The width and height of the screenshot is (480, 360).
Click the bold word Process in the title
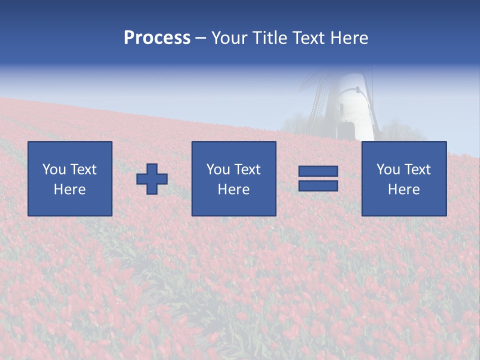[x=157, y=38]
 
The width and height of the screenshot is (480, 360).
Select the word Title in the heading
[x=268, y=38]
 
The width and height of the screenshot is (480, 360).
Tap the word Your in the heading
[x=229, y=38]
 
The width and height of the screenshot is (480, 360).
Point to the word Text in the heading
[x=307, y=38]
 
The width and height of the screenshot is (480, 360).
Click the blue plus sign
[x=152, y=179]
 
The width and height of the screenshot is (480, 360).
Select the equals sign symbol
[x=318, y=179]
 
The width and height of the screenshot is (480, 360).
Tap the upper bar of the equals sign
[x=318, y=171]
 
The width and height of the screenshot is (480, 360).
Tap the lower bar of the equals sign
[x=318, y=186]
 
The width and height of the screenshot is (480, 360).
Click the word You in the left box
[x=54, y=169]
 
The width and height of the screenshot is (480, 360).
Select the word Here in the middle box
[x=233, y=189]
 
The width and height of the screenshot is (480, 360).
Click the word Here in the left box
[x=69, y=189]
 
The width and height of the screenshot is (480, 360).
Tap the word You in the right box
[x=388, y=169]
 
